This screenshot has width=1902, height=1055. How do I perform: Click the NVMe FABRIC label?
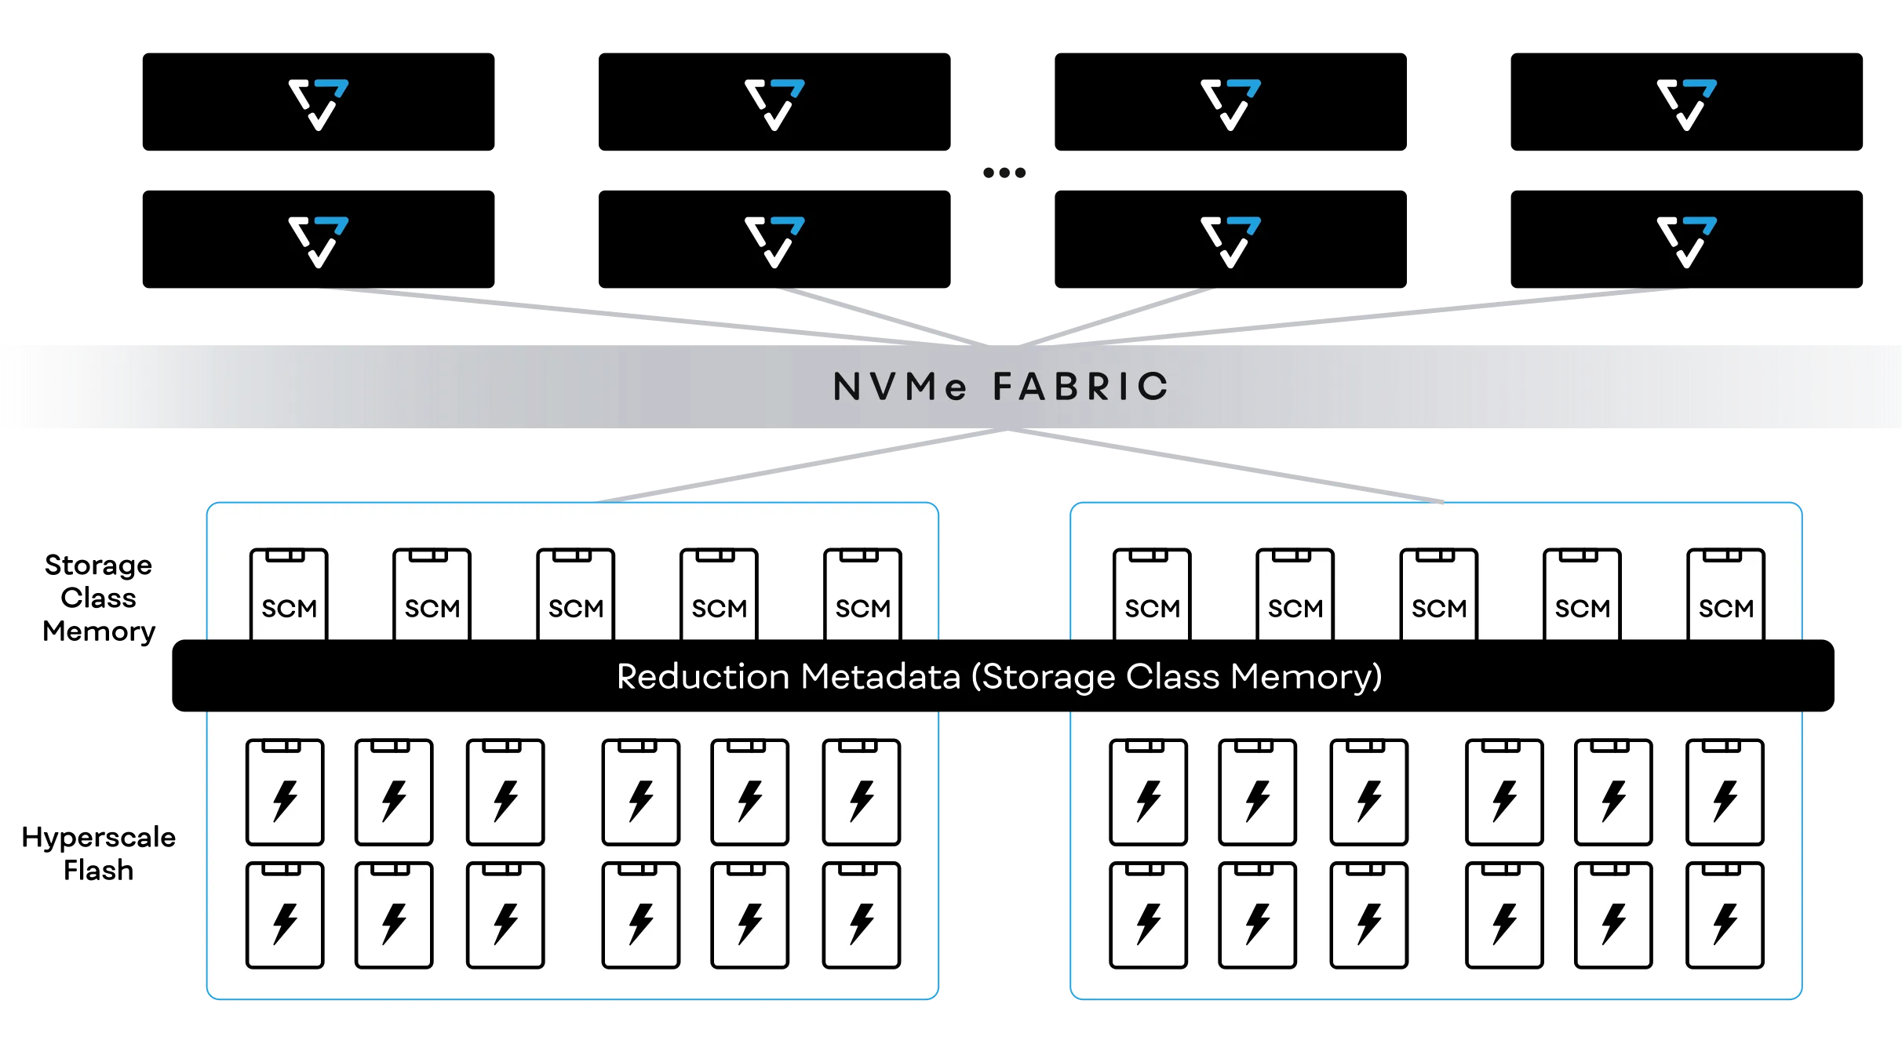[1001, 387]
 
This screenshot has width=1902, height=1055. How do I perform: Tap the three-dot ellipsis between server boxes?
[1004, 173]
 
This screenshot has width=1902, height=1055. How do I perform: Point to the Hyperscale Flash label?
[99, 853]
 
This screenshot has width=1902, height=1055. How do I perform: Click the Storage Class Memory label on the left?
[99, 598]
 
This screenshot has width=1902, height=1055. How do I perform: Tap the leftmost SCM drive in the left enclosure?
[289, 595]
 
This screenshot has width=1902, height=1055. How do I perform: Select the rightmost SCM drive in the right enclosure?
[1726, 595]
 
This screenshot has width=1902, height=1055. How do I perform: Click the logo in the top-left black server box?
[319, 104]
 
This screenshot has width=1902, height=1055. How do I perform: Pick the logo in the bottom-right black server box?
[1687, 242]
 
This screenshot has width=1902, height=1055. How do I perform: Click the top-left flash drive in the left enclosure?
[285, 792]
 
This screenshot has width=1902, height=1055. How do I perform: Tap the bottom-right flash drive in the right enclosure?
[1725, 915]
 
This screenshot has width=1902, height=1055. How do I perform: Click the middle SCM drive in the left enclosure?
[576, 595]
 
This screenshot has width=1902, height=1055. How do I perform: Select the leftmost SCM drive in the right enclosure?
[1152, 595]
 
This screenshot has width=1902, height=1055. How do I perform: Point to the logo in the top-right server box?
[1687, 104]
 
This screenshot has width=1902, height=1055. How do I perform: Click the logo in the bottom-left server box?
[319, 242]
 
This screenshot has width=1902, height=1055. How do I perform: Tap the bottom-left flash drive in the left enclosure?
[285, 915]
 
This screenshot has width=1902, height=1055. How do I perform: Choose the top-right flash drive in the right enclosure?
[1725, 792]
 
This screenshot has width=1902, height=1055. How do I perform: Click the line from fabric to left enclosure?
[802, 465]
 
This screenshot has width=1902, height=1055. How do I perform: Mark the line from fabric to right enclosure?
[1226, 465]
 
